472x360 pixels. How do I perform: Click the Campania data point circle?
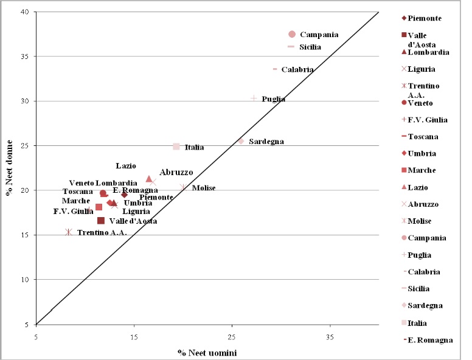pos(292,35)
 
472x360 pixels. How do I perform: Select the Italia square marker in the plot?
pos(176,147)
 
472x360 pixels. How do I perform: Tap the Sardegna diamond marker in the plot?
pos(241,141)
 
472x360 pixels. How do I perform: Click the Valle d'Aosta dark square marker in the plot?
pos(101,220)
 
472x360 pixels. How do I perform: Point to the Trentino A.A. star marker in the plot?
pos(69,232)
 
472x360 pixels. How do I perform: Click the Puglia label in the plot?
pos(273,99)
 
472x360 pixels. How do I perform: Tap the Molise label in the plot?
pos(204,188)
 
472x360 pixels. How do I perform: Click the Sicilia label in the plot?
pos(310,47)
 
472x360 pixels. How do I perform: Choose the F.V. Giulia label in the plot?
pos(73,211)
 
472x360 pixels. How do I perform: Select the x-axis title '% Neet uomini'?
pos(207,353)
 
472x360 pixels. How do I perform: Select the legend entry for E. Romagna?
pos(430,340)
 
